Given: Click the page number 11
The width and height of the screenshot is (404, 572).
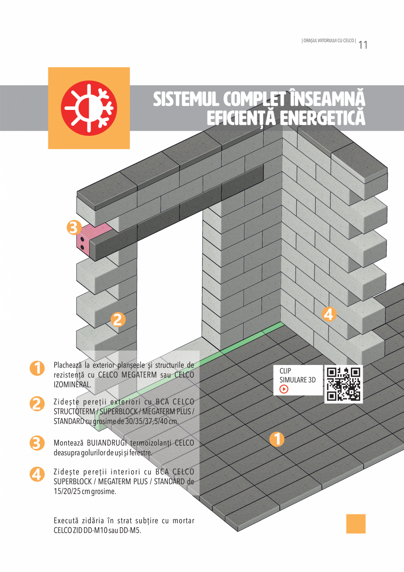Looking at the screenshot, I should tap(363, 45).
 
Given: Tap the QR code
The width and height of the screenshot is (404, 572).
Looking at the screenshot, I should tap(344, 384).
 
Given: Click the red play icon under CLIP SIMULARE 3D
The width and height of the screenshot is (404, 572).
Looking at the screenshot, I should tap(284, 389).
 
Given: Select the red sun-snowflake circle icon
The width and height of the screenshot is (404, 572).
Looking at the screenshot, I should tap(89, 108).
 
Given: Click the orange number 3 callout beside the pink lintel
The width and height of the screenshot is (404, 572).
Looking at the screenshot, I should tap(74, 228).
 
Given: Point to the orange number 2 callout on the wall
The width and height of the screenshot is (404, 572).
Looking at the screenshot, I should tap(117, 320).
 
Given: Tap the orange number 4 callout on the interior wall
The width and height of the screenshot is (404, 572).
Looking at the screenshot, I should tap(329, 314).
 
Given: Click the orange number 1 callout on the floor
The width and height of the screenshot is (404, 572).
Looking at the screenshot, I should tap(277, 439).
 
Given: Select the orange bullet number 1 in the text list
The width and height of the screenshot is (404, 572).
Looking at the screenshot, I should tap(37, 368).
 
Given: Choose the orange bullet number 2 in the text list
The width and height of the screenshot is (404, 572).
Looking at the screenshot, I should tap(37, 404).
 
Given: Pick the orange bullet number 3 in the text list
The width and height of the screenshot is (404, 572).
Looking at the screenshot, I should tap(37, 443).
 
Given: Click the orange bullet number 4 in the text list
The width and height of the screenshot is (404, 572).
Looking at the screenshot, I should tap(37, 474).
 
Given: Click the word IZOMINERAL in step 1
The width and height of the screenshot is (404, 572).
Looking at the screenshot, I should tap(72, 384).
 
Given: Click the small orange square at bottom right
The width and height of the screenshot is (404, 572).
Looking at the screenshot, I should tap(356, 524).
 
